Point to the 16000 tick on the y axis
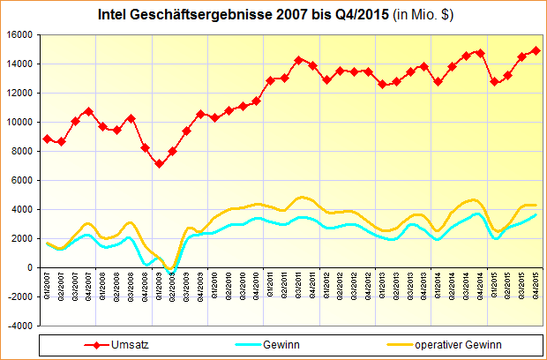tap(19, 34)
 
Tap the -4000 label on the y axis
tap(19, 326)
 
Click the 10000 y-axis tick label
tap(19, 122)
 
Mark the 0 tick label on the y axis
tap(29, 267)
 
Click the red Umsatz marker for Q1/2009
tap(159, 164)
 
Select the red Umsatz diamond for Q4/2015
tap(536, 51)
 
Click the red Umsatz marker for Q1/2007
tap(48, 139)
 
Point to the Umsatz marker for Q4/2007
tap(89, 111)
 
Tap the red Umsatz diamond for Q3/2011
tap(299, 60)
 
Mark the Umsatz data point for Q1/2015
tap(494, 82)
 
